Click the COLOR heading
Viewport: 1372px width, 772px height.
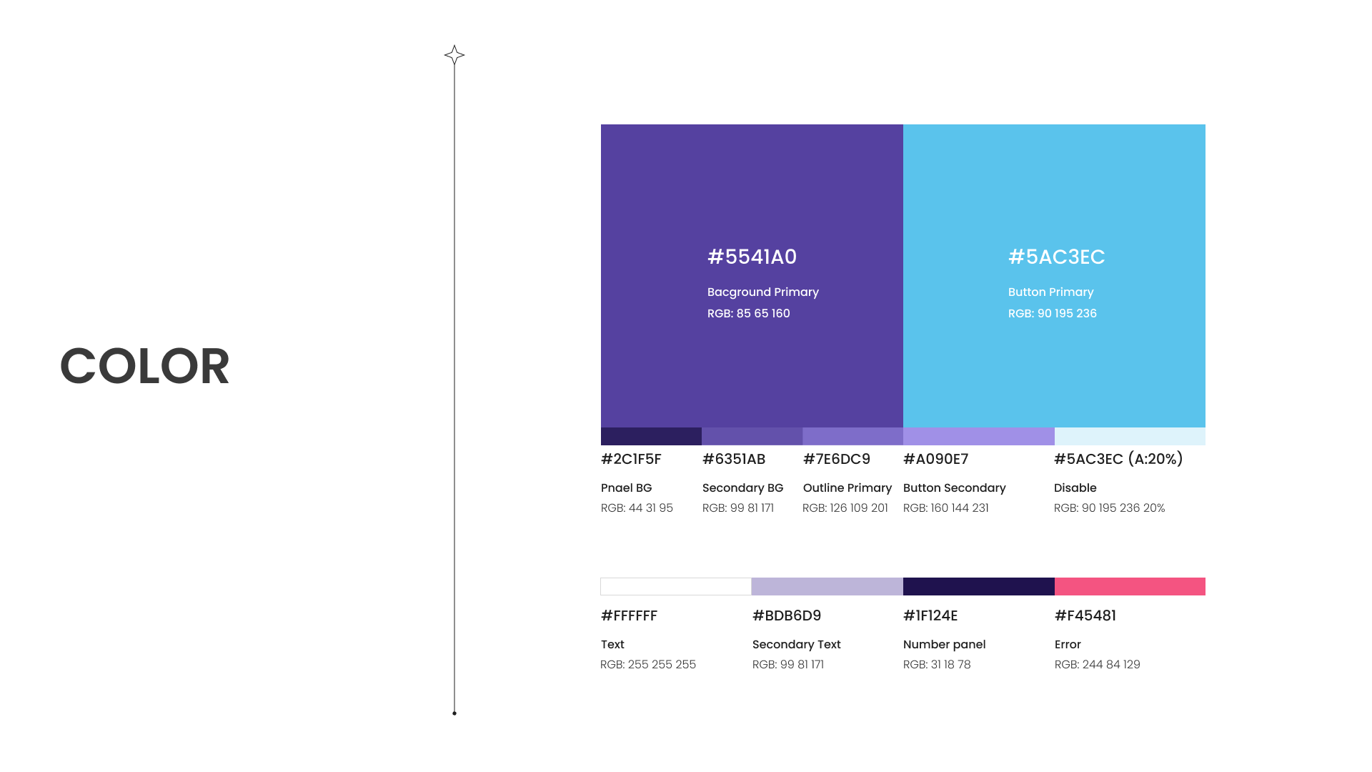click(x=144, y=366)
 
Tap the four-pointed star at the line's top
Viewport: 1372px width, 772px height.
click(x=454, y=55)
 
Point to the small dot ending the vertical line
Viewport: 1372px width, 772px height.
click(x=454, y=713)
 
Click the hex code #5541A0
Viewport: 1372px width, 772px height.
click(x=752, y=257)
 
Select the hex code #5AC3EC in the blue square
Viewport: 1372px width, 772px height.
click(x=1056, y=257)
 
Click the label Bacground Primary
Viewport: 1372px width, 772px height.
click(x=763, y=292)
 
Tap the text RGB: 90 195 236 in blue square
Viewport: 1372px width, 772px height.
click(x=1052, y=313)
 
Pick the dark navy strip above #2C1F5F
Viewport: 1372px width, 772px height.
click(x=651, y=436)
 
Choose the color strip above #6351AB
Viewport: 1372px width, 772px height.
click(x=752, y=436)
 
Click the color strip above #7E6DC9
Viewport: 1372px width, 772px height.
click(x=852, y=436)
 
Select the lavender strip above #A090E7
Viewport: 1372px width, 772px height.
click(x=979, y=436)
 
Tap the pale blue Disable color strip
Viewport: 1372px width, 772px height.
click(x=1130, y=436)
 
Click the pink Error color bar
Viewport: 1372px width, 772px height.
click(x=1130, y=586)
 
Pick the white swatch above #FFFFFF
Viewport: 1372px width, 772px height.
click(x=676, y=586)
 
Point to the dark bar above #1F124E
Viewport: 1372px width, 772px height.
click(x=979, y=586)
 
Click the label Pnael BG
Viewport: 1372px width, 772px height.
click(x=626, y=488)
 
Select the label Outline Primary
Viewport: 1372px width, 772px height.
click(x=847, y=488)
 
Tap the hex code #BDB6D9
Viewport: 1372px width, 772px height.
click(x=787, y=615)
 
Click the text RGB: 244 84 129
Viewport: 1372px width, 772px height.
click(x=1097, y=664)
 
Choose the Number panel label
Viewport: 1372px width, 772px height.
click(x=944, y=644)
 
